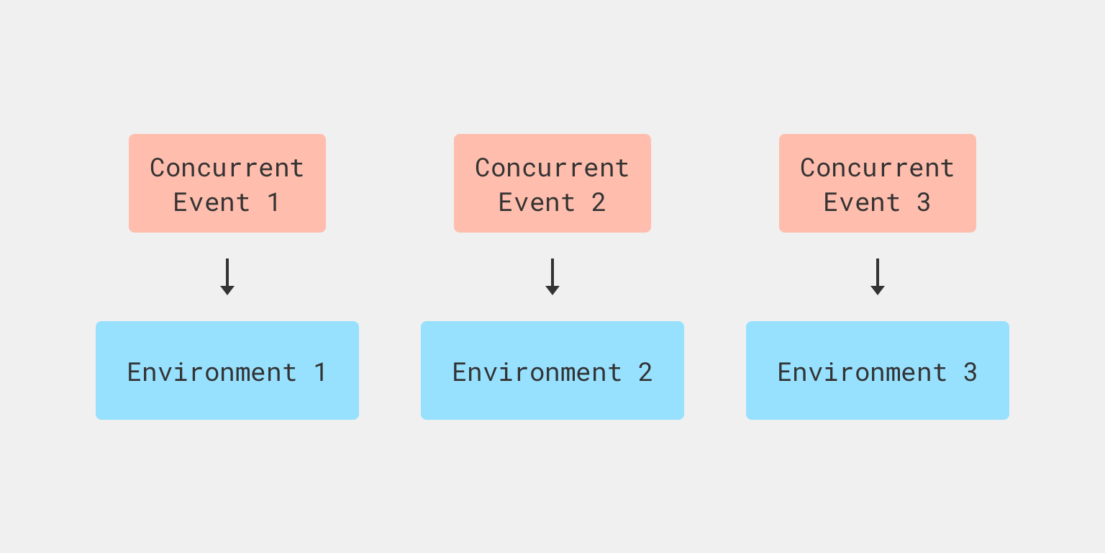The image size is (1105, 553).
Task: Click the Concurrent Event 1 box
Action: coord(227,183)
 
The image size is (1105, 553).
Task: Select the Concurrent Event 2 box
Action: coord(552,183)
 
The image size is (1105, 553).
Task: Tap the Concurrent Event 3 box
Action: coord(878,183)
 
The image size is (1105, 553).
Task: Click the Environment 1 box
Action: coord(227,370)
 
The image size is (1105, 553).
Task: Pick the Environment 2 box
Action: coord(552,370)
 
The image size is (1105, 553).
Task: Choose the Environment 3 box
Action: coord(878,370)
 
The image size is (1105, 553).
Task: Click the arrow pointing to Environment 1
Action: coord(227,277)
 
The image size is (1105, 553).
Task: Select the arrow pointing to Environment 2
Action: coord(552,277)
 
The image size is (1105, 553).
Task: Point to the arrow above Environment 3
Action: coord(878,277)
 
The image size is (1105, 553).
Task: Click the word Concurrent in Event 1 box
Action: coord(227,168)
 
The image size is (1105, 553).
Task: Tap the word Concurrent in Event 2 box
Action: coord(552,168)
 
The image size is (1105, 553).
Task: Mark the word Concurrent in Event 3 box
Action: coord(878,168)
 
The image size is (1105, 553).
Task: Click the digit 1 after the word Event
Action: coord(273,202)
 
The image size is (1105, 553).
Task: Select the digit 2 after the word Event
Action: coord(599,202)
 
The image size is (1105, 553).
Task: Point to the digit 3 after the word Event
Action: coord(924,202)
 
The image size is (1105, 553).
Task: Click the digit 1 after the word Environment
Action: coord(320,372)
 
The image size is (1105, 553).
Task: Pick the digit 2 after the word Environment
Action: coord(645,372)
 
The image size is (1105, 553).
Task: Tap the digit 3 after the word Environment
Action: coord(970,372)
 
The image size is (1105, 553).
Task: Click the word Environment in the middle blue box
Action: coord(537,372)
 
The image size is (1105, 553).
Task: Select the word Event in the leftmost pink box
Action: coord(212,202)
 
